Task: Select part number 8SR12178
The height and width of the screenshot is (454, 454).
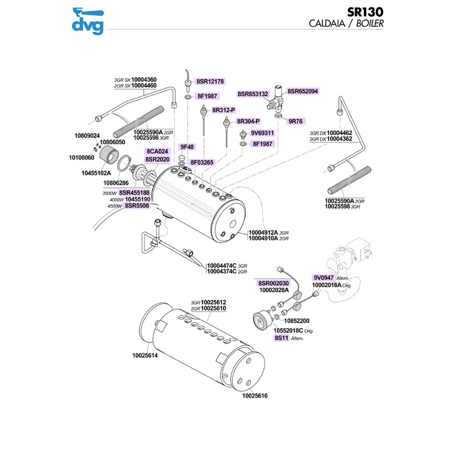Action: [211, 82]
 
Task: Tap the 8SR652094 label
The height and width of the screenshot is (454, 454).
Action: [302, 91]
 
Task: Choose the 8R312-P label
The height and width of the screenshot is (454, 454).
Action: [224, 110]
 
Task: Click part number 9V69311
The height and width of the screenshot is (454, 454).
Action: [263, 133]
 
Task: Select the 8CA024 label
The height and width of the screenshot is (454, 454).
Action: [157, 152]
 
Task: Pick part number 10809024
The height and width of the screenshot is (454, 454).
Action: [87, 136]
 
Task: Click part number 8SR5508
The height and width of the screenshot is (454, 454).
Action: [138, 206]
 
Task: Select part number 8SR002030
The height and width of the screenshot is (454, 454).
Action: [274, 283]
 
